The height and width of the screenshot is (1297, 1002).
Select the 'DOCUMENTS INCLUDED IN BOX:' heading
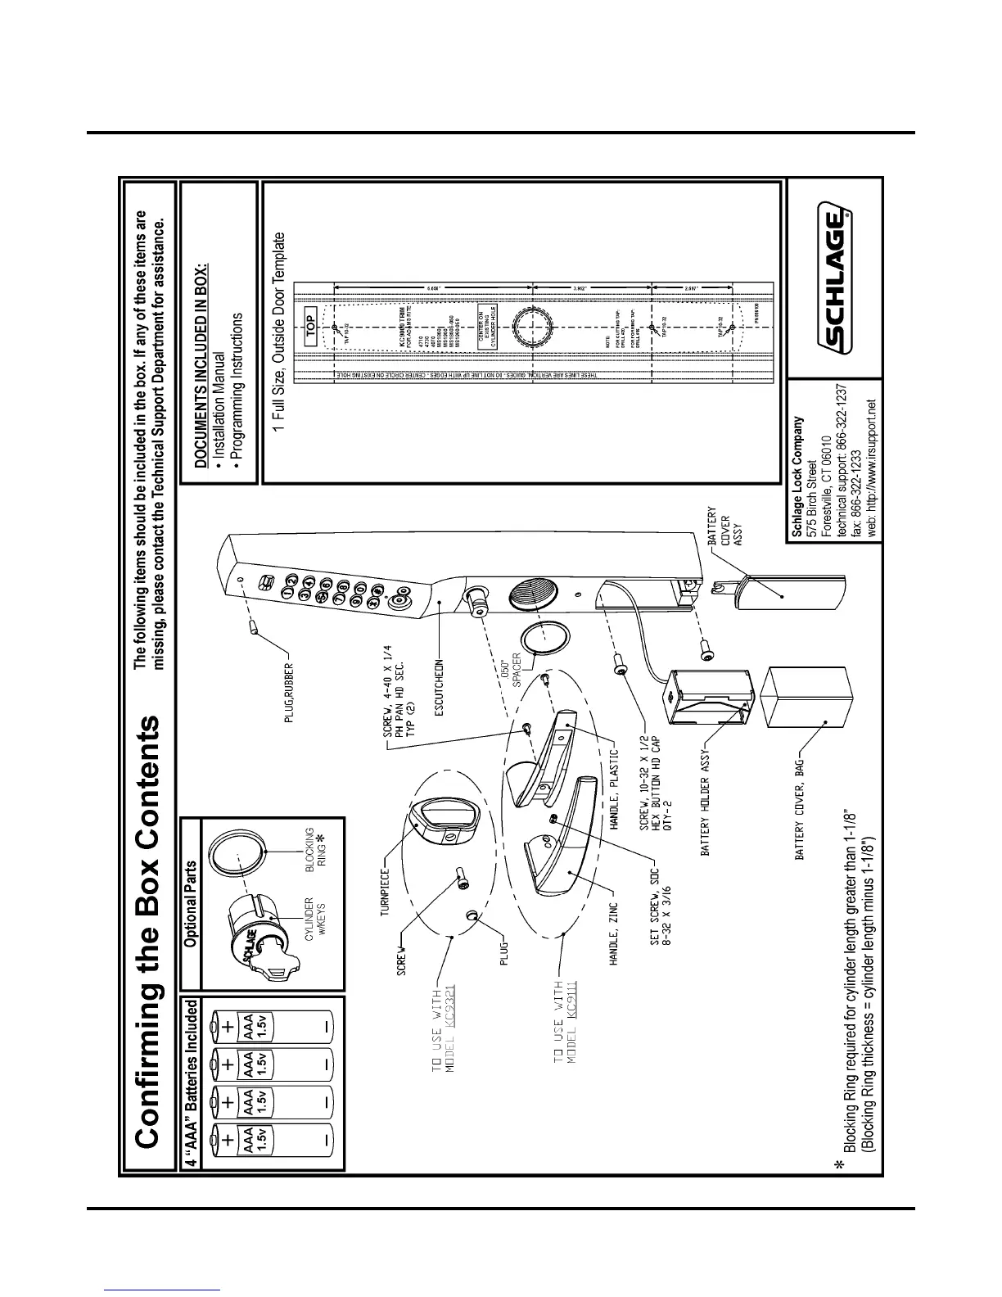pos(201,365)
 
